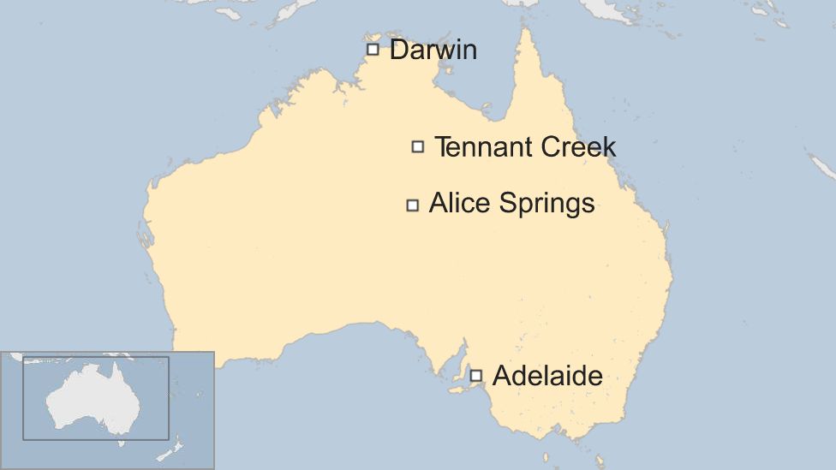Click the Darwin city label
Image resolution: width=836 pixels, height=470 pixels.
pyautogui.click(x=433, y=50)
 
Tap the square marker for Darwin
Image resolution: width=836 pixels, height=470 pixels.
pyautogui.click(x=373, y=49)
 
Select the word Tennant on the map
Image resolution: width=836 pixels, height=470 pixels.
pyautogui.click(x=481, y=147)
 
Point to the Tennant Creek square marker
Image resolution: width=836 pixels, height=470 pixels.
pyautogui.click(x=418, y=146)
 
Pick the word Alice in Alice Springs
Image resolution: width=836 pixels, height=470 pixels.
pyautogui.click(x=456, y=204)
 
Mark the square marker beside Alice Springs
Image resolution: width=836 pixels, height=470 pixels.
pyautogui.click(x=413, y=205)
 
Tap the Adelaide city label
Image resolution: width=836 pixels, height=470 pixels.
pyautogui.click(x=547, y=375)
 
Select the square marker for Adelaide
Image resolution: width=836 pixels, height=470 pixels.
pyautogui.click(x=476, y=375)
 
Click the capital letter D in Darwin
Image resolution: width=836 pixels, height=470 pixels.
pyautogui.click(x=399, y=50)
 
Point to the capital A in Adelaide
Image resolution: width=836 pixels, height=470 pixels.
pyautogui.click(x=502, y=375)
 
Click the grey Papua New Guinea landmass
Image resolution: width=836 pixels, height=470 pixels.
pyautogui.click(x=617, y=9)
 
